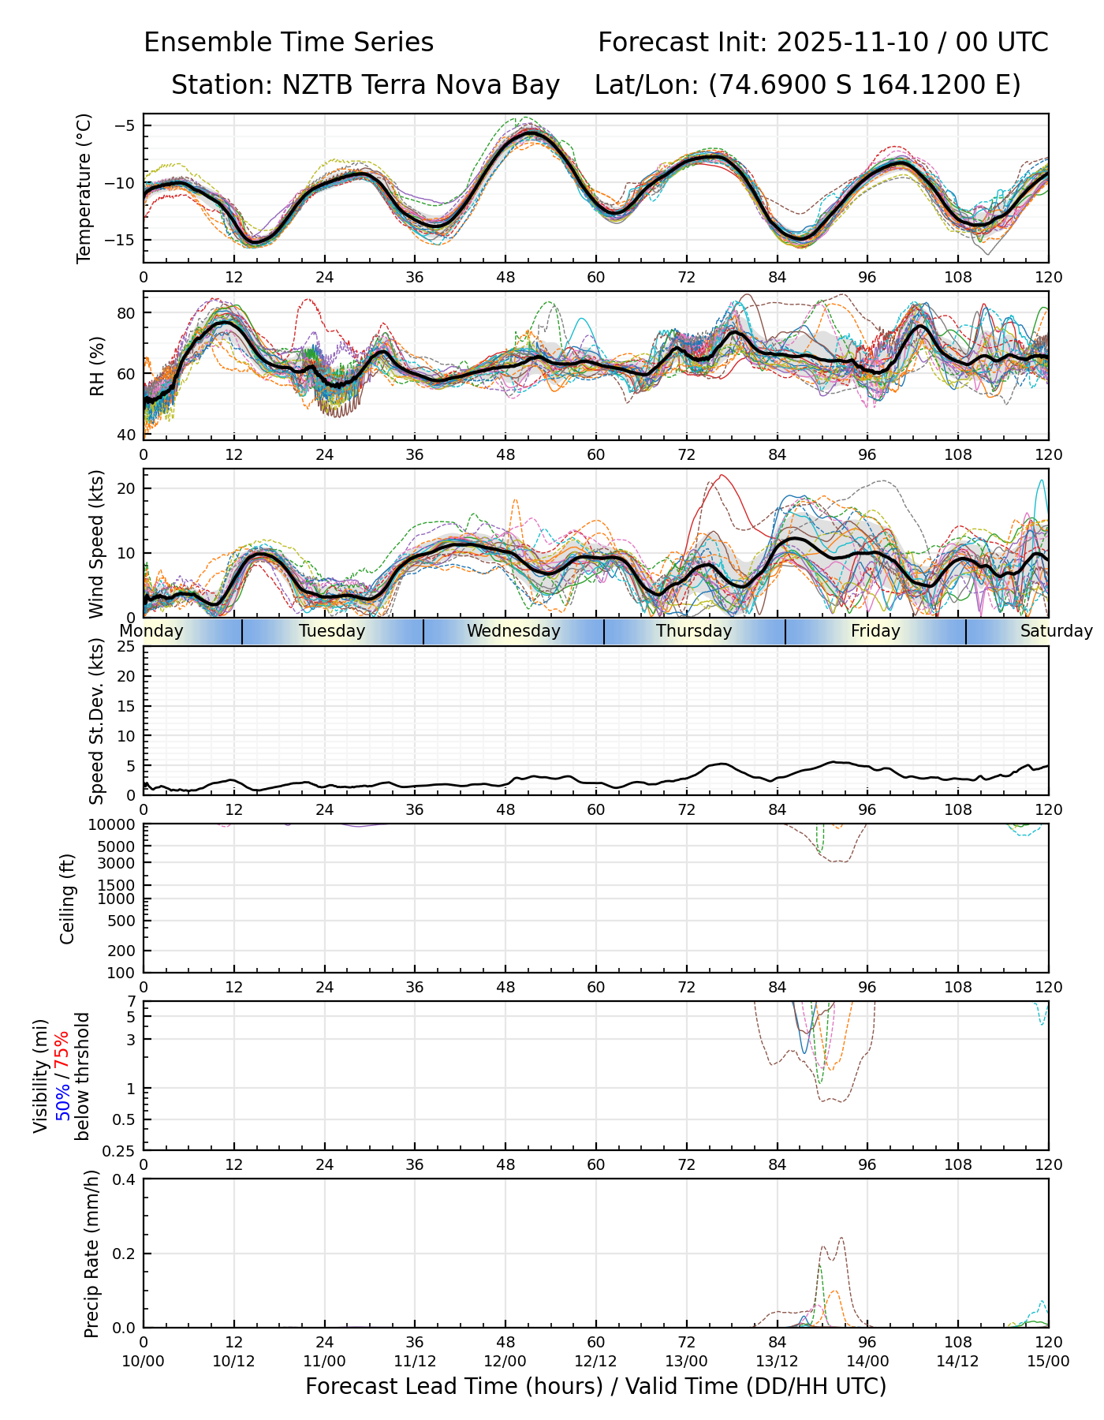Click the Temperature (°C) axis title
pyautogui.click(x=84, y=188)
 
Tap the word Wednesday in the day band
pyautogui.click(x=513, y=631)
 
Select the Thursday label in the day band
pyautogui.click(x=694, y=631)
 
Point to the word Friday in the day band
pyautogui.click(x=875, y=631)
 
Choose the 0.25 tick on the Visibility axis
pyautogui.click(x=121, y=1149)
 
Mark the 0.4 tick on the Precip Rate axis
pyautogui.click(x=125, y=1179)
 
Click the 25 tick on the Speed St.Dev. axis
pyautogui.click(x=126, y=647)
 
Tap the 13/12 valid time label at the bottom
pyautogui.click(x=777, y=1361)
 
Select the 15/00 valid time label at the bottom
pyautogui.click(x=1048, y=1361)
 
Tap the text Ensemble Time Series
pyautogui.click(x=289, y=43)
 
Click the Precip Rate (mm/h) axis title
pyautogui.click(x=92, y=1254)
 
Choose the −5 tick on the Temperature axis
pyautogui.click(x=125, y=125)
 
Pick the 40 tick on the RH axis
pyautogui.click(x=126, y=435)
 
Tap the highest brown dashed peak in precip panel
pyautogui.click(x=841, y=1238)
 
